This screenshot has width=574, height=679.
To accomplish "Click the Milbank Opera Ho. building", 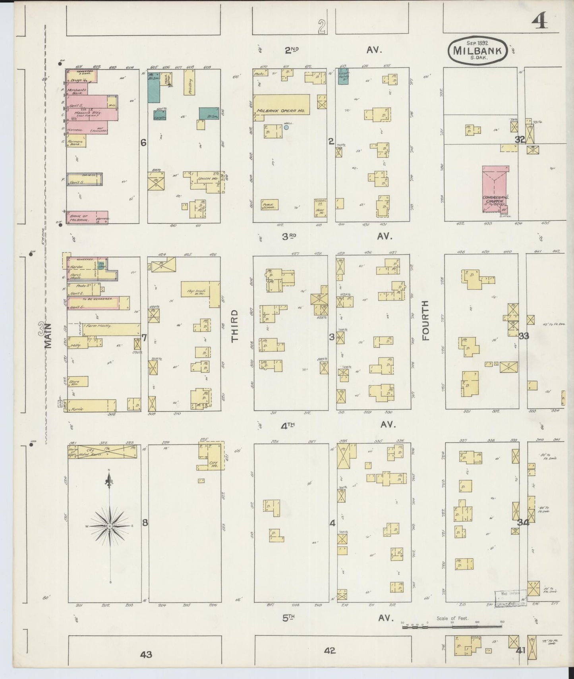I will click(281, 105).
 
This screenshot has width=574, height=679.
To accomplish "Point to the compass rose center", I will click(110, 526).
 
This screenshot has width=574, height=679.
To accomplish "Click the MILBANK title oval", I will click(478, 50).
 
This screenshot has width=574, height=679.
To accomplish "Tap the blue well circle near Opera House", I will click(286, 127).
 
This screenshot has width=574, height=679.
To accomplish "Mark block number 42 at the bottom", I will click(329, 650).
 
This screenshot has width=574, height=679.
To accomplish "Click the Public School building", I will click(270, 204).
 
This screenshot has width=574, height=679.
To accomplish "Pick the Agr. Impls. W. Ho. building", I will click(201, 293).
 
